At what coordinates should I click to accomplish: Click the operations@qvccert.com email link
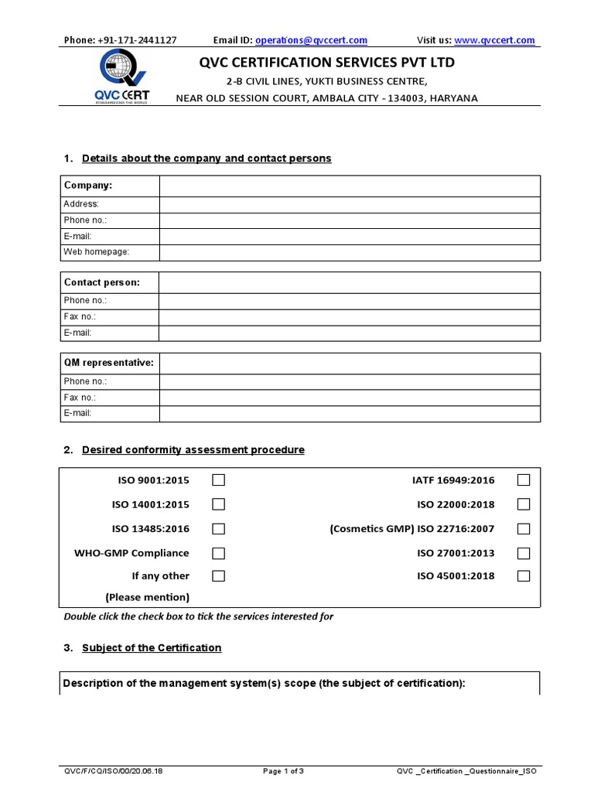pyautogui.click(x=311, y=40)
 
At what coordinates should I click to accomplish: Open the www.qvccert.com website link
pyautogui.click(x=494, y=40)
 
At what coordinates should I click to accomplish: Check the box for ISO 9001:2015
pyautogui.click(x=219, y=480)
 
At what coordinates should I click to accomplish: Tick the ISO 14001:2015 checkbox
pyautogui.click(x=219, y=504)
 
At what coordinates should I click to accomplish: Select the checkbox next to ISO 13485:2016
pyautogui.click(x=219, y=529)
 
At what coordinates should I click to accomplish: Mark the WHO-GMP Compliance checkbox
pyautogui.click(x=219, y=553)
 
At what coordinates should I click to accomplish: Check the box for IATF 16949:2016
pyautogui.click(x=524, y=480)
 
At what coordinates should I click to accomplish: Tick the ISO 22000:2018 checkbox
pyautogui.click(x=524, y=504)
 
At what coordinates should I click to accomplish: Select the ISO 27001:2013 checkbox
pyautogui.click(x=524, y=553)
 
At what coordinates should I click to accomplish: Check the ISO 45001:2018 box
pyautogui.click(x=524, y=575)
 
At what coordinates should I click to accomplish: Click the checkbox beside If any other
pyautogui.click(x=219, y=575)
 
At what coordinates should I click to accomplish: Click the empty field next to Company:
pyautogui.click(x=350, y=186)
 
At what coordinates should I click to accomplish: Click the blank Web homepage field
pyautogui.click(x=350, y=252)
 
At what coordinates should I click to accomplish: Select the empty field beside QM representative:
pyautogui.click(x=350, y=363)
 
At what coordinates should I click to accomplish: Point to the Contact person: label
pyautogui.click(x=102, y=282)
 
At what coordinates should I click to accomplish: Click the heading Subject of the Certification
pyautogui.click(x=152, y=648)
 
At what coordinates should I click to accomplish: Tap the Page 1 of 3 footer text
pyautogui.click(x=283, y=771)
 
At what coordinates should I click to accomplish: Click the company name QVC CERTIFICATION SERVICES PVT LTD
pyautogui.click(x=328, y=63)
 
